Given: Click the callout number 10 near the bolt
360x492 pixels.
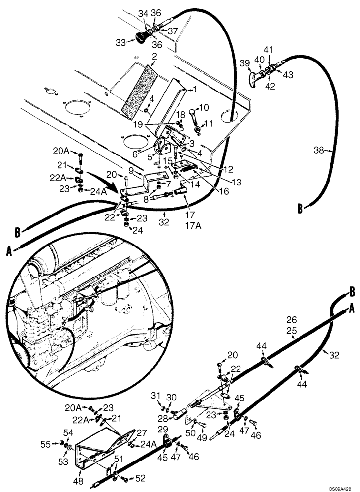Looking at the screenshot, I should [204, 108].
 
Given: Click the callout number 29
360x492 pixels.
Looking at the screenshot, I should [163, 430].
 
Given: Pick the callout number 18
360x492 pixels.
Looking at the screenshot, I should [180, 114].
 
